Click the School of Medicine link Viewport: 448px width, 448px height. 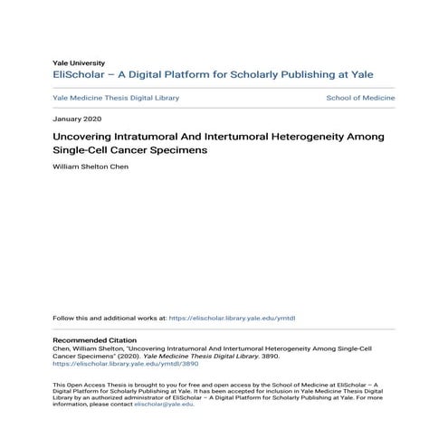point(360,98)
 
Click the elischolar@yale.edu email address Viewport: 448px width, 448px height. point(164,404)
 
